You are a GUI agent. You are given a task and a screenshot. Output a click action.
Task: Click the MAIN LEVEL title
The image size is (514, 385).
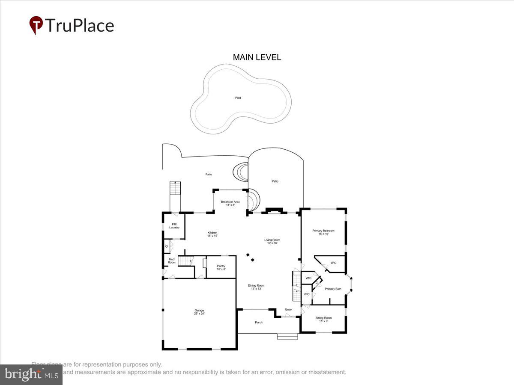point(257,57)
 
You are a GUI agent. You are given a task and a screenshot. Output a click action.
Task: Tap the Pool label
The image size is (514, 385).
point(238,98)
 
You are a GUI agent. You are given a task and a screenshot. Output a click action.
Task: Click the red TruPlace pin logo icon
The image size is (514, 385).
point(36,25)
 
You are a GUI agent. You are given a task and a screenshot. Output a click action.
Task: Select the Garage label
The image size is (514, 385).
point(199,312)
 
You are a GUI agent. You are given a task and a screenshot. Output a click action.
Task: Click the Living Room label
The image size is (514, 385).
point(272,241)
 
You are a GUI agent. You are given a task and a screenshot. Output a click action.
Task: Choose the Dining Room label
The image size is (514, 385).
point(256,287)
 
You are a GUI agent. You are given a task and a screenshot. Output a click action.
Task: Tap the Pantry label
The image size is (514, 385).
point(221,267)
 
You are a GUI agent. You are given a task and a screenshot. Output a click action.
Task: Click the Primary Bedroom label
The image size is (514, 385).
point(323,232)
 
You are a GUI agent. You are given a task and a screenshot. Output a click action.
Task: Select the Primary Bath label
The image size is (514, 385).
point(333,289)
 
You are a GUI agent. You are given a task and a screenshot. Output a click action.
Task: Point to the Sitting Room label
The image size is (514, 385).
point(323,319)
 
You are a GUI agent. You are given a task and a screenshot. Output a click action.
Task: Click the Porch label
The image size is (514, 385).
point(258,322)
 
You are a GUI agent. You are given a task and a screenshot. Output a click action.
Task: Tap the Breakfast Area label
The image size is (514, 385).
point(230,203)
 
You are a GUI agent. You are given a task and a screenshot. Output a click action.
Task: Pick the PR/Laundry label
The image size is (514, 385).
point(174,226)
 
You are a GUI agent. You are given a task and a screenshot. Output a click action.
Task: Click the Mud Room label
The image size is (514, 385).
point(171,261)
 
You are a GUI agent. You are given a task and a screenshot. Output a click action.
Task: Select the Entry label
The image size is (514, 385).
point(289,310)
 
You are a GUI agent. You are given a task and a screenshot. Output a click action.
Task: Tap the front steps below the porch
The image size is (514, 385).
point(287,337)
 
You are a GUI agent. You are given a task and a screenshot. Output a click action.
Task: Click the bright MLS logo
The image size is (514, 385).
point(31,375)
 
